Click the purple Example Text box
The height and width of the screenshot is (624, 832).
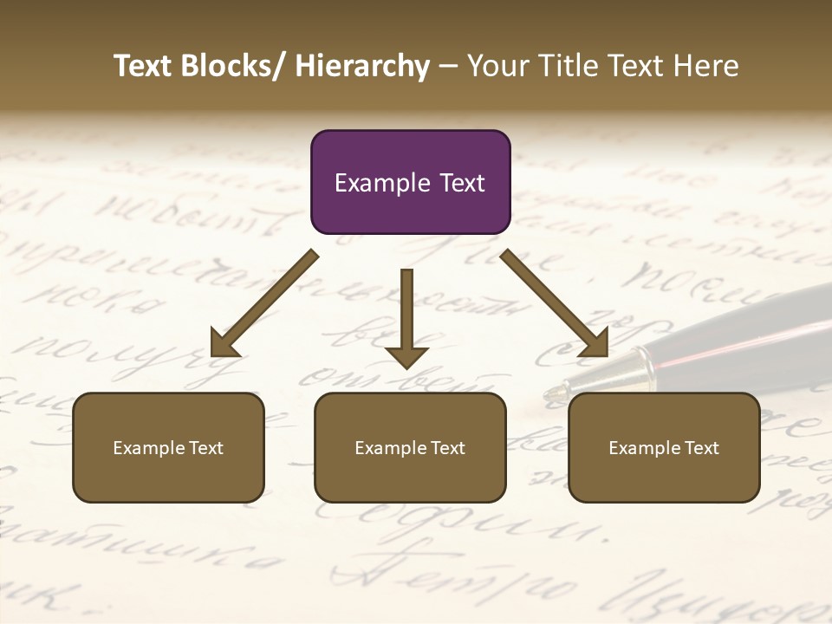pyautogui.click(x=410, y=182)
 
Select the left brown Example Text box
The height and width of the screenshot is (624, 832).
pyautogui.click(x=168, y=447)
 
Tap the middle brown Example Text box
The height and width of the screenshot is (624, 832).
pyautogui.click(x=410, y=447)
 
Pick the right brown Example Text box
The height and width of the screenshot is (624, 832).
pyautogui.click(x=664, y=447)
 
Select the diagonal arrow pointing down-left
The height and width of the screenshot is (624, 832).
pyautogui.click(x=264, y=303)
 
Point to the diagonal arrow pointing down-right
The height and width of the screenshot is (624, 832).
pyautogui.click(x=555, y=303)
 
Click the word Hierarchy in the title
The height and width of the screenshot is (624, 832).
pyautogui.click(x=362, y=67)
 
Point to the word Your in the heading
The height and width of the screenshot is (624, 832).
pyautogui.click(x=497, y=67)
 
